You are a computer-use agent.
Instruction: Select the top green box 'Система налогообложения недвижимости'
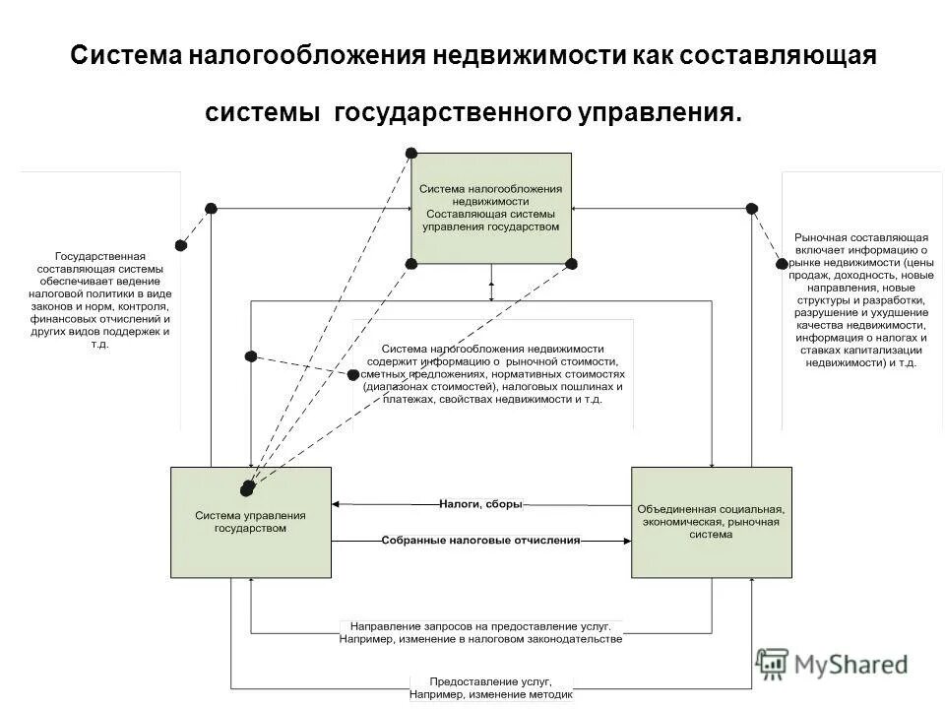(490, 208)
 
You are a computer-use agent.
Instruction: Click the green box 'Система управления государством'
(250, 522)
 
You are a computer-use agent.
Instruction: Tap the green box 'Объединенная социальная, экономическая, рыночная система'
(710, 522)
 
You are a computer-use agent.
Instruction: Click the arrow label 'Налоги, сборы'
(480, 504)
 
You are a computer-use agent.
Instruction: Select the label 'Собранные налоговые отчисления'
(480, 541)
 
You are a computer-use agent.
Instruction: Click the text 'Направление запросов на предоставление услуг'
(480, 626)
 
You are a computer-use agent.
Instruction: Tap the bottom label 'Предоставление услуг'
(489, 681)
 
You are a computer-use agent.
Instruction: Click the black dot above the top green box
(411, 154)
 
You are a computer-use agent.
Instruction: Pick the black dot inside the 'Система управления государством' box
(246, 487)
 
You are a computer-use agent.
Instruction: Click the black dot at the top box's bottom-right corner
(571, 263)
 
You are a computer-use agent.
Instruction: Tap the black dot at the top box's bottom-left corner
(411, 263)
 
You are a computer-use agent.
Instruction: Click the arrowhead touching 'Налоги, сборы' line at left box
(336, 504)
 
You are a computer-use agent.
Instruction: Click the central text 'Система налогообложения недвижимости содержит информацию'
(492, 374)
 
